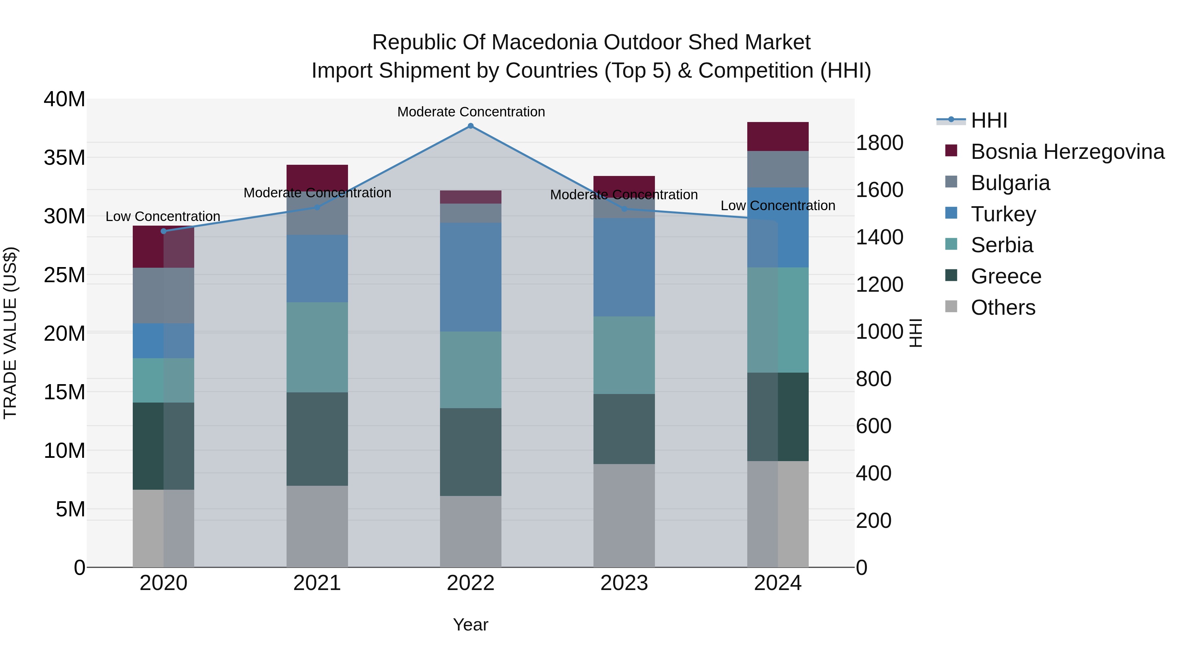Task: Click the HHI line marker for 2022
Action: (470, 126)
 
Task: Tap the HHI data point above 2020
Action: (164, 231)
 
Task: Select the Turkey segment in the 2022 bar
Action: (470, 277)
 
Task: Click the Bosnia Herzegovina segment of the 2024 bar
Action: (777, 136)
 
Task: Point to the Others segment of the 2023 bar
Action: (624, 515)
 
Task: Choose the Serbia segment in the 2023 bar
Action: (624, 355)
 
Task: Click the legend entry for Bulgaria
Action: (1010, 183)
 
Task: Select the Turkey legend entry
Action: (1004, 214)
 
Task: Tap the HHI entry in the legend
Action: (989, 120)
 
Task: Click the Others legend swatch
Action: (951, 307)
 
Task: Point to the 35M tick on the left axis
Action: (64, 158)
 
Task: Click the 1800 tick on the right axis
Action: (879, 143)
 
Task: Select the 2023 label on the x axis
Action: (624, 583)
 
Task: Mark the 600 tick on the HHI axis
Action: (873, 426)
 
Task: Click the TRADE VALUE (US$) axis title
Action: (10, 333)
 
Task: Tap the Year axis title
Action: (470, 625)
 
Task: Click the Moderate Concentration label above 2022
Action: (471, 112)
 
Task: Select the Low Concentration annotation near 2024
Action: (777, 206)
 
